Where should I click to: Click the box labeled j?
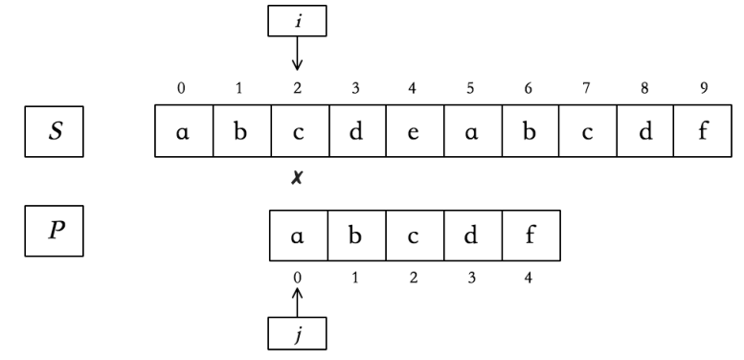tap(297, 333)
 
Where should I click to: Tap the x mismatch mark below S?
tap(298, 179)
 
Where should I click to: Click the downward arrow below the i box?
tap(297, 56)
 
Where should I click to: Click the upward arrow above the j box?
tap(297, 302)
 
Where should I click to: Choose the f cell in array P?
tap(530, 236)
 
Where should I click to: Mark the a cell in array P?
tap(298, 236)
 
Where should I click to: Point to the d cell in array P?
tap(471, 236)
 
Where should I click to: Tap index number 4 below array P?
tap(530, 278)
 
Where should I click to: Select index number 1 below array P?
tap(355, 278)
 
